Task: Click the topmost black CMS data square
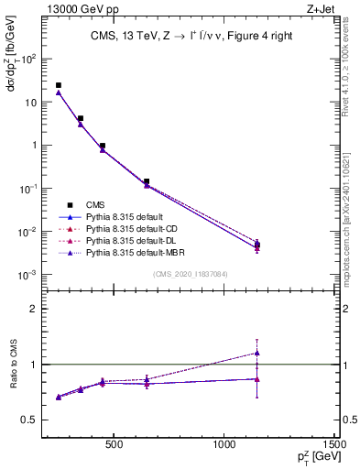click(59, 85)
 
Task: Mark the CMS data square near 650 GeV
click(147, 181)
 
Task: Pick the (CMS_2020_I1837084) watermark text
click(191, 275)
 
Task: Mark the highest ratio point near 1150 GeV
click(257, 353)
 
